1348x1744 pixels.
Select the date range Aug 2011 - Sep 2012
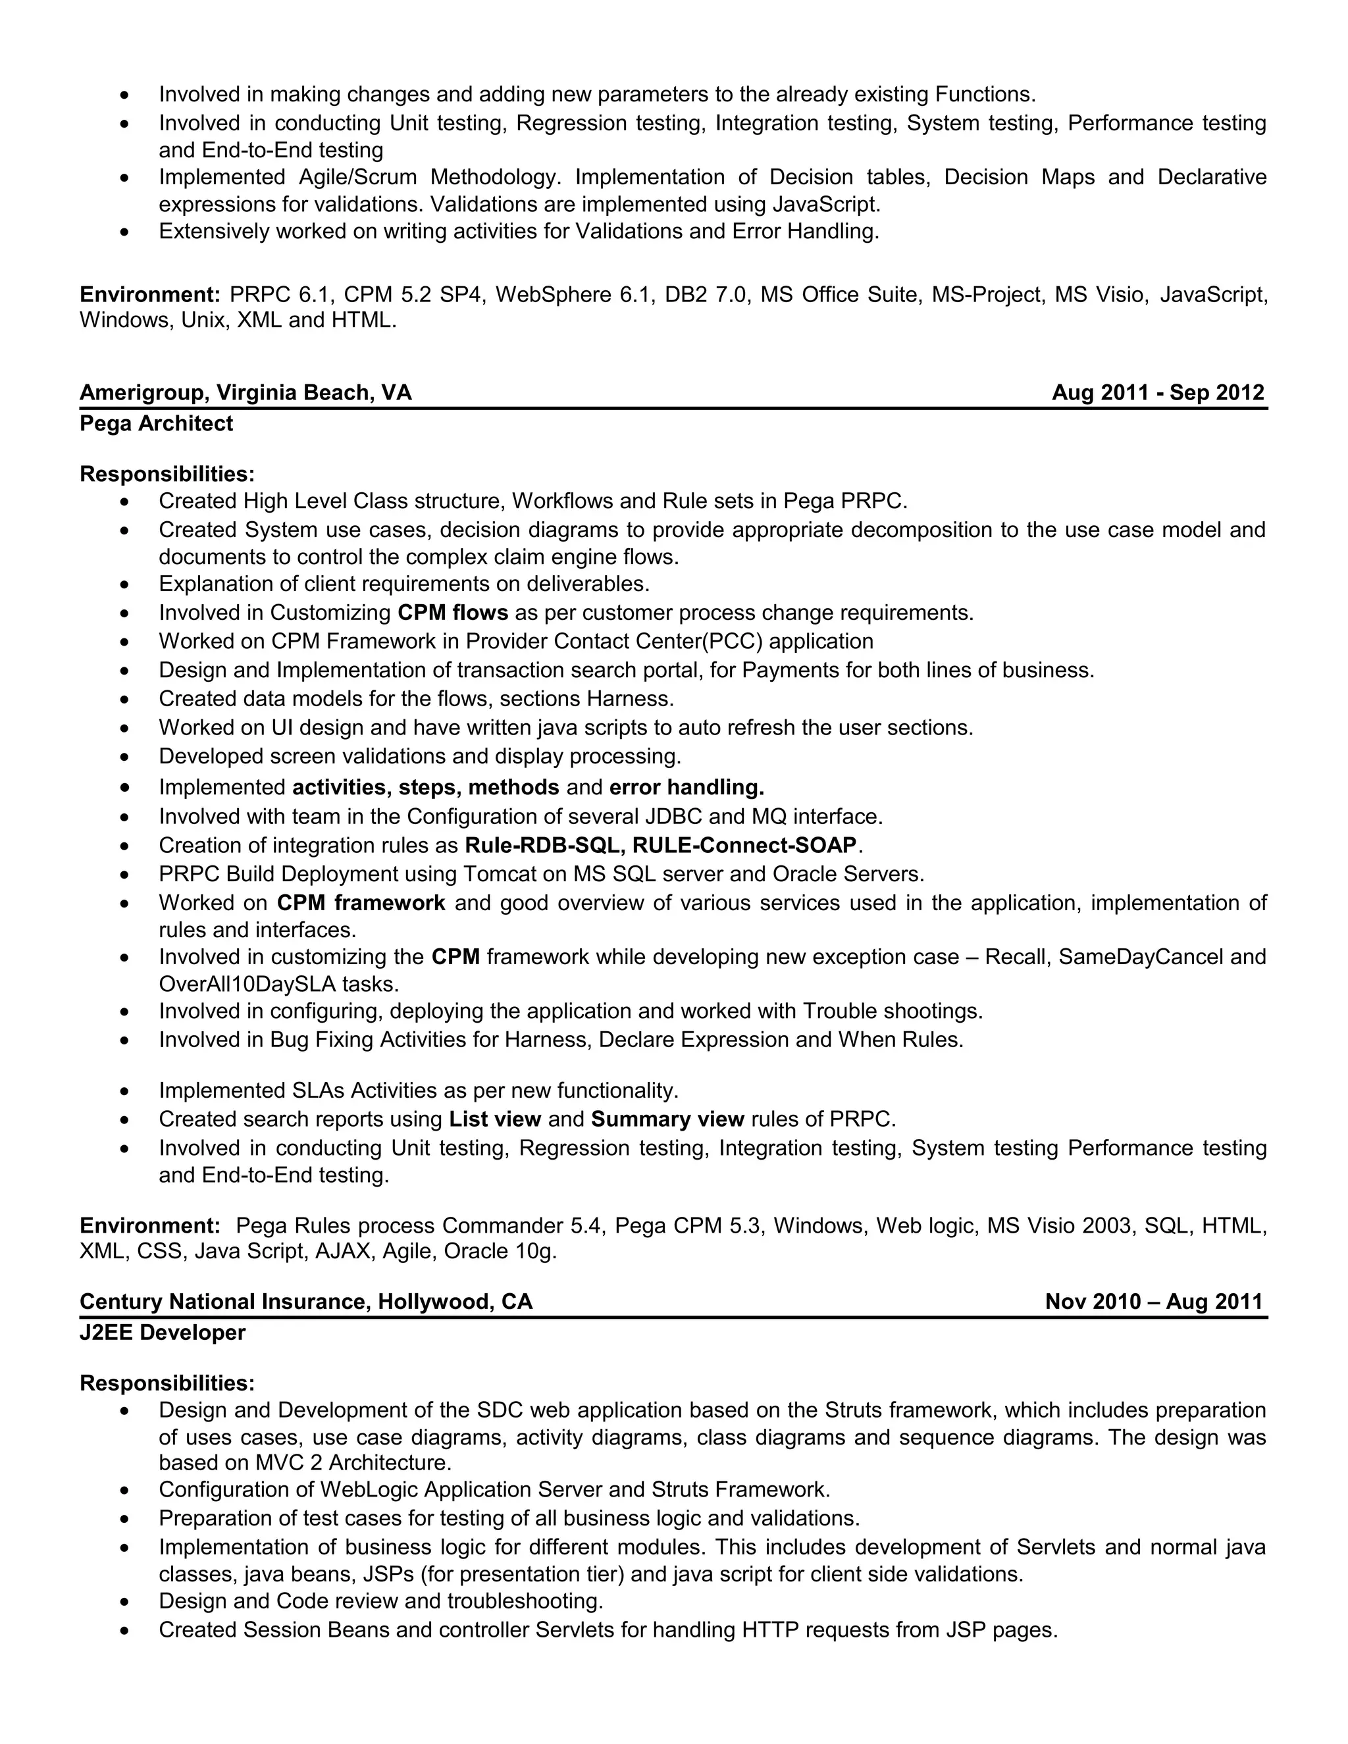(x=1157, y=393)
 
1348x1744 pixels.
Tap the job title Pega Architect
(x=157, y=423)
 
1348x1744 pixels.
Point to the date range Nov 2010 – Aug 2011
(x=1153, y=1302)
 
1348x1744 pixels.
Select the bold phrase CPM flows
(x=453, y=613)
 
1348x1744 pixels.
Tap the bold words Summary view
(x=667, y=1119)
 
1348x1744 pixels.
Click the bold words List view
(x=495, y=1119)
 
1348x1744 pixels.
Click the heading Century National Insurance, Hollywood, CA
(x=306, y=1302)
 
